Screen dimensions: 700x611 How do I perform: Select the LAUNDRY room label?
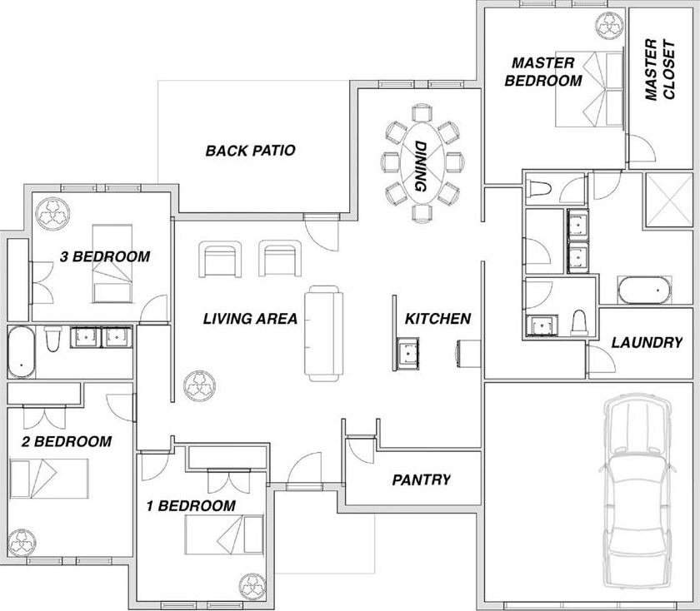pyautogui.click(x=647, y=342)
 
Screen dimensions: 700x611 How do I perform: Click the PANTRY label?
pyautogui.click(x=422, y=479)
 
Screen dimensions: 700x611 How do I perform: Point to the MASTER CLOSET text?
pyautogui.click(x=660, y=70)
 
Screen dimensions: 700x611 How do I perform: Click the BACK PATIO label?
pyautogui.click(x=251, y=151)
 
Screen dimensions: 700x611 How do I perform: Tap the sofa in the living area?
pyautogui.click(x=324, y=334)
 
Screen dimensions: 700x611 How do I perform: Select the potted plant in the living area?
pyautogui.click(x=200, y=385)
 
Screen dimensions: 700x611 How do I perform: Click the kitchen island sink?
pyautogui.click(x=408, y=354)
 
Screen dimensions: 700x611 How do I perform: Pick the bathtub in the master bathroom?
pyautogui.click(x=645, y=290)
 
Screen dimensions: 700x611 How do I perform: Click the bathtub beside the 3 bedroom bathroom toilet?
pyautogui.click(x=22, y=352)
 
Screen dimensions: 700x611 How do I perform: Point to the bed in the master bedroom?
pyautogui.click(x=589, y=89)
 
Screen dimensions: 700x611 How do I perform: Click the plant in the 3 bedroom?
pyautogui.click(x=52, y=212)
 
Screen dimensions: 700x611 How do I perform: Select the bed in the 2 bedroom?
pyautogui.click(x=49, y=479)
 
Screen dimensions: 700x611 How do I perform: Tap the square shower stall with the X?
pyautogui.click(x=667, y=201)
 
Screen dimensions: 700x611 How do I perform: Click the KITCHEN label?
pyautogui.click(x=437, y=319)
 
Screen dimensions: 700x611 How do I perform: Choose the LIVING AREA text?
pyautogui.click(x=250, y=319)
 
